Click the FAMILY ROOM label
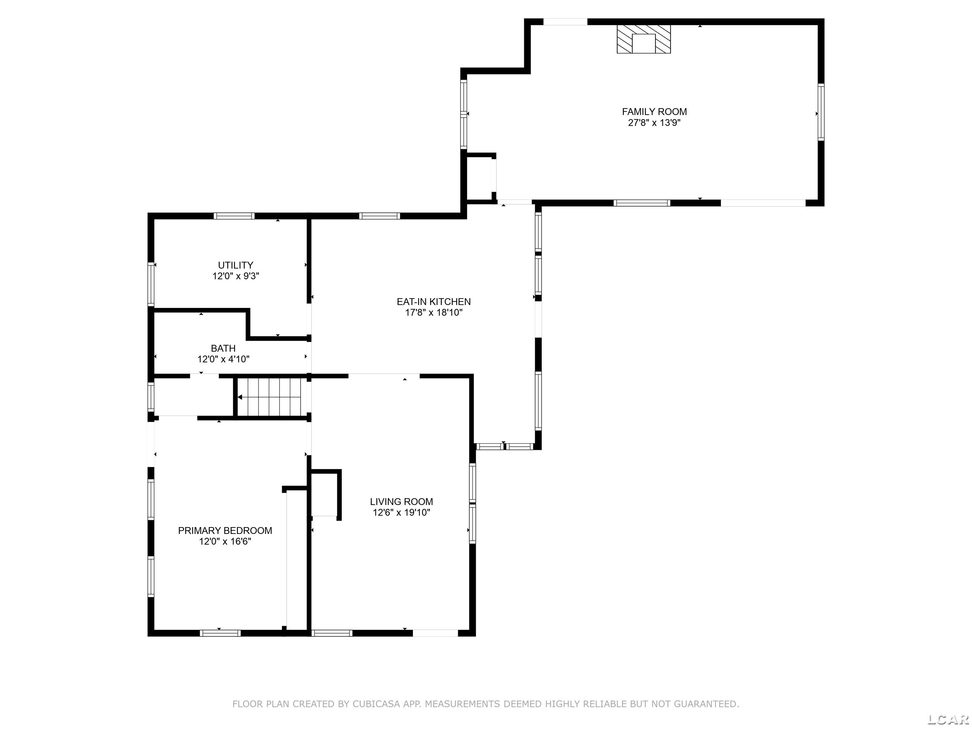click(654, 112)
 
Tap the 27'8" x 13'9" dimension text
click(654, 122)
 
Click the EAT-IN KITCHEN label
click(434, 302)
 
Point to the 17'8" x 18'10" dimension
click(434, 312)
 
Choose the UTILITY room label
click(235, 265)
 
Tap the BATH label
click(223, 348)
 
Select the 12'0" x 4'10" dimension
click(223, 359)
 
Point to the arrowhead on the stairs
click(240, 397)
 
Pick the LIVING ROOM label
click(401, 502)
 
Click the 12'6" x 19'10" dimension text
click(401, 512)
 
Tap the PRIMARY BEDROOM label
click(225, 530)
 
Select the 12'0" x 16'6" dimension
click(225, 541)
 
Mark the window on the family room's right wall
click(821, 112)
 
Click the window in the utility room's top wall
click(234, 216)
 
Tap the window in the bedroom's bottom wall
click(220, 633)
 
